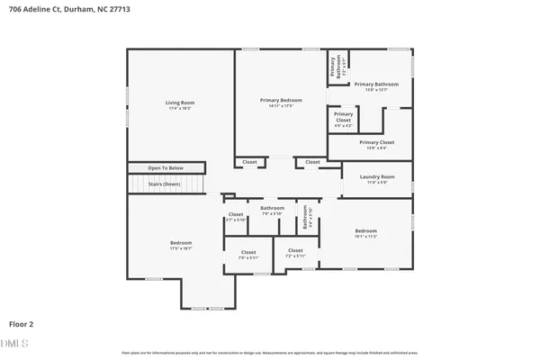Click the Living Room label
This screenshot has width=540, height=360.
(x=180, y=103)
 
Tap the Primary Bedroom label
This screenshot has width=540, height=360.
(x=280, y=101)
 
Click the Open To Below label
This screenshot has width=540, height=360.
(x=166, y=168)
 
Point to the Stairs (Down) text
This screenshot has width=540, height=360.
(x=165, y=184)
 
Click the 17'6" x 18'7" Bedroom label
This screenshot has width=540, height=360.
(x=181, y=243)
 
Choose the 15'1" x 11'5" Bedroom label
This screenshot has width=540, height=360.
(x=364, y=231)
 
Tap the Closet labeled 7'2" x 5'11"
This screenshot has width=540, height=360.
(x=295, y=251)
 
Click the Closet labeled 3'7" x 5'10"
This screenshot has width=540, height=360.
(x=236, y=215)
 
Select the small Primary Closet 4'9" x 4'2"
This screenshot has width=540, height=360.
(x=343, y=116)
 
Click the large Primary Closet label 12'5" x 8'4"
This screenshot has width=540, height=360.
(x=376, y=142)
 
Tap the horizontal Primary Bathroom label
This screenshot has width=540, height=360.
(x=382, y=84)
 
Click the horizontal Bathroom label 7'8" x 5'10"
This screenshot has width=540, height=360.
(x=273, y=208)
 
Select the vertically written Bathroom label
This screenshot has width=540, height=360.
(x=307, y=217)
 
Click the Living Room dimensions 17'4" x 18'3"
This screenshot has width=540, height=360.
(x=180, y=108)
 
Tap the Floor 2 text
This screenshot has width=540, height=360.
(x=22, y=322)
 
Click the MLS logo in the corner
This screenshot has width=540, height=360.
(x=15, y=342)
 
